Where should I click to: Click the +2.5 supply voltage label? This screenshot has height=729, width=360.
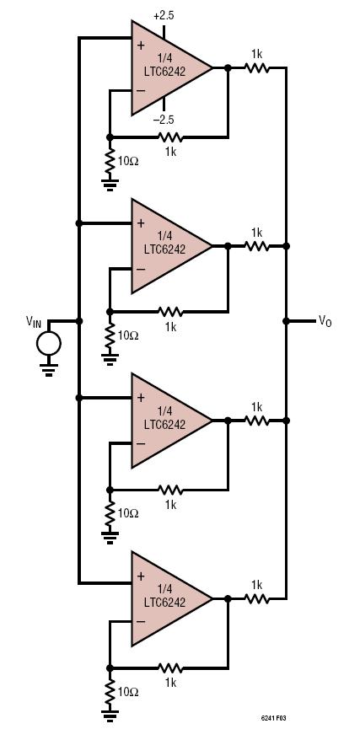tap(164, 16)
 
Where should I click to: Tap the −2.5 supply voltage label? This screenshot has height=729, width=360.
tap(164, 120)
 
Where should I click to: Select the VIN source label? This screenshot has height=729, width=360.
tap(34, 320)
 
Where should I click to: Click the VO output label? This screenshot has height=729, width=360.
tap(325, 320)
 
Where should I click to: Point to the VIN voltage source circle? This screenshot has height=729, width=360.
tap(49, 344)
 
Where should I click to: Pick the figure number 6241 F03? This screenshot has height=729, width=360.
tap(272, 718)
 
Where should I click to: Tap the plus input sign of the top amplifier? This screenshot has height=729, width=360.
tap(141, 46)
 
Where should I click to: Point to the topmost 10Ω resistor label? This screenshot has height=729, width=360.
tap(128, 162)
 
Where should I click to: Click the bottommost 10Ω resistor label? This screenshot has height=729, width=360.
tap(128, 692)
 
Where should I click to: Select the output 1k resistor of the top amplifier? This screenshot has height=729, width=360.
tap(257, 68)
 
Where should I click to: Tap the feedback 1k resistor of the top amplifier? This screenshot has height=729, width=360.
tap(170, 137)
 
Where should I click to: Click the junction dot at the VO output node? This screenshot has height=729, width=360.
tap(286, 321)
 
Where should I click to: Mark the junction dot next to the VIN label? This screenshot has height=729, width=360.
tap(79, 321)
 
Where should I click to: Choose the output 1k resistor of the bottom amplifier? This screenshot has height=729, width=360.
tap(257, 599)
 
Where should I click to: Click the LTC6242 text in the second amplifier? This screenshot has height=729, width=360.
tap(164, 249)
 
